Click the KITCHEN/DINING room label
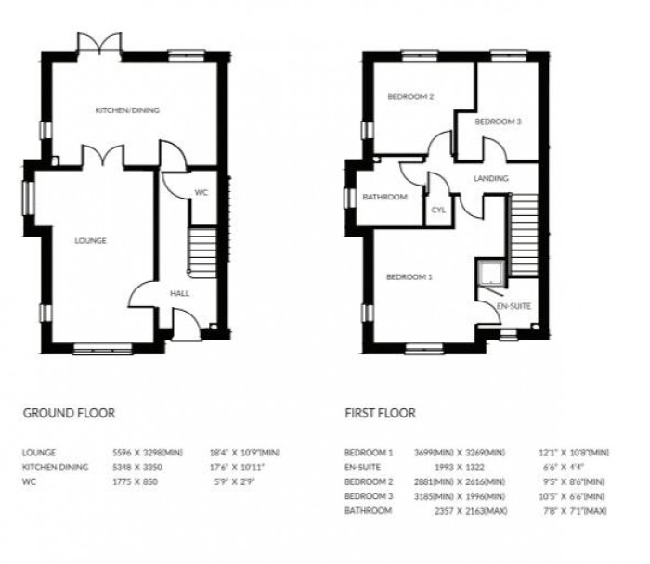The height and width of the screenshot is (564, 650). click(127, 110)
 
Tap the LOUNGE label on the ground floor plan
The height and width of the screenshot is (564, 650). click(91, 241)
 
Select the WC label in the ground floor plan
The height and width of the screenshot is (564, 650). click(201, 193)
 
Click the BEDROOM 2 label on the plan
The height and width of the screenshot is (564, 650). click(411, 96)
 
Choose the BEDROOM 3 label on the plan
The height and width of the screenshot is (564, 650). click(498, 122)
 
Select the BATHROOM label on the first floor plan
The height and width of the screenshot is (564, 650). click(385, 197)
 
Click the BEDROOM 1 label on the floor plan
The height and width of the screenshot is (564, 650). click(410, 276)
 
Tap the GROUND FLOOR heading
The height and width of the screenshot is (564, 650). click(69, 413)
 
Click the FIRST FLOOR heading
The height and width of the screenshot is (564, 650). click(380, 413)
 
